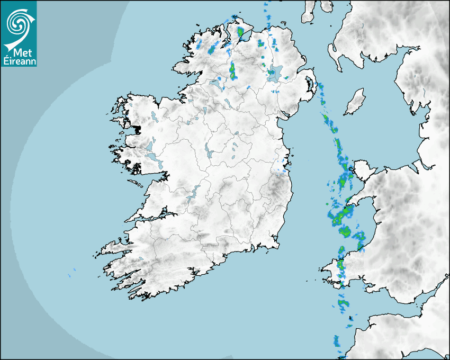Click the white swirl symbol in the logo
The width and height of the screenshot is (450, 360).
[x=19, y=23]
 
